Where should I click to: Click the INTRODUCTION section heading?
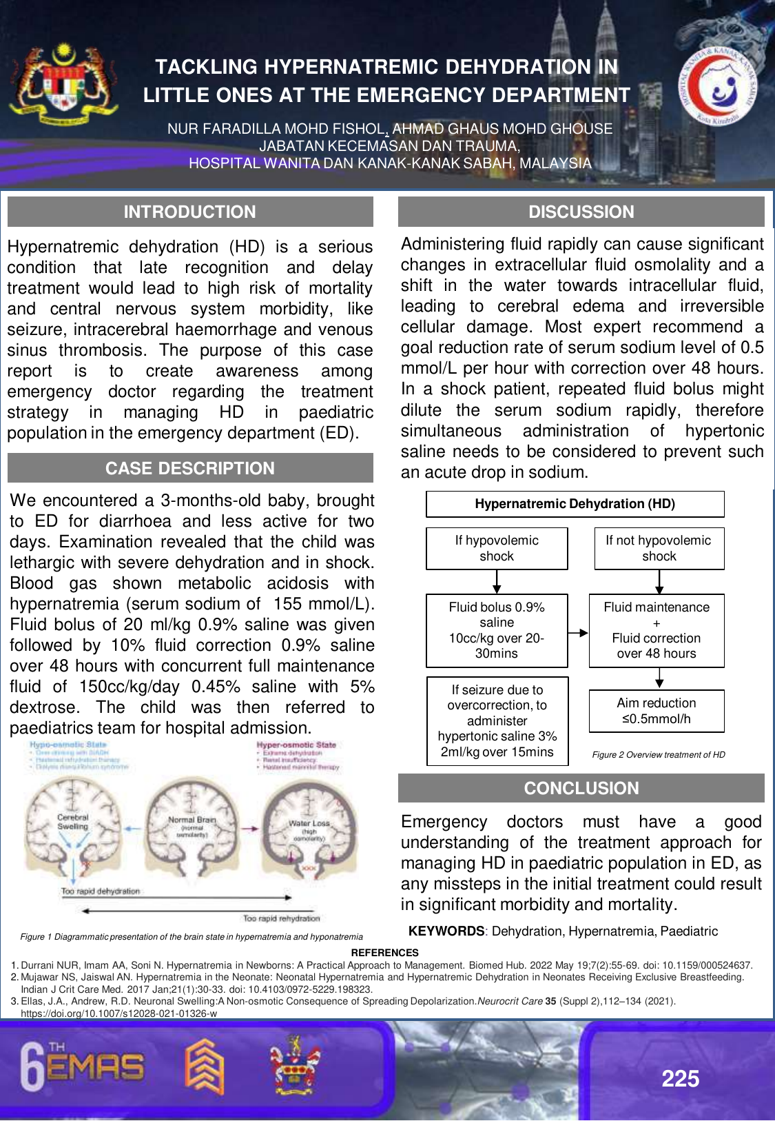(190, 212)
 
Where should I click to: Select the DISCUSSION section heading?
(581, 212)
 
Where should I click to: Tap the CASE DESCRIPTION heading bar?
(190, 469)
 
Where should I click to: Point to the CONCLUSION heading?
(581, 789)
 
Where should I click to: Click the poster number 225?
(680, 1079)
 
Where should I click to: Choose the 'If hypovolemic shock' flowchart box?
(497, 549)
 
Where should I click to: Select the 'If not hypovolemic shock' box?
(659, 549)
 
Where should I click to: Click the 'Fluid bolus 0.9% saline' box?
(497, 630)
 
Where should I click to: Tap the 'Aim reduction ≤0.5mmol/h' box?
(657, 711)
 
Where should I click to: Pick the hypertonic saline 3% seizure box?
(497, 721)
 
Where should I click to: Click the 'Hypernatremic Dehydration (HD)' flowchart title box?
(575, 504)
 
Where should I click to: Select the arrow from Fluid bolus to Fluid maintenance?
(579, 632)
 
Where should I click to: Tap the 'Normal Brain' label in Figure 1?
(192, 820)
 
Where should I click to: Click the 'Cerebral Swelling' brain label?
(73, 822)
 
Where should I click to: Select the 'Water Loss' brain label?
(309, 824)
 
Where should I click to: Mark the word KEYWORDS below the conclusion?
(446, 931)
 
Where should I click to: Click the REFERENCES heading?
(384, 953)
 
